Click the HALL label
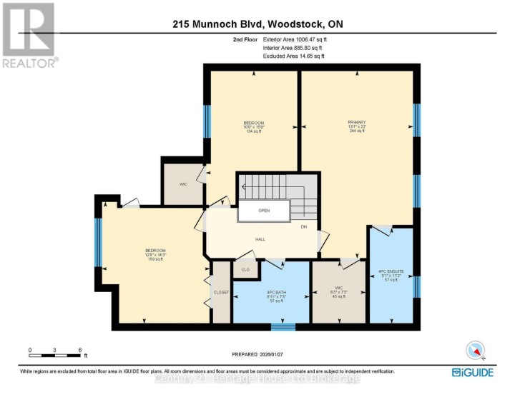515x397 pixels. (260, 238)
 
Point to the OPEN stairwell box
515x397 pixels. (264, 211)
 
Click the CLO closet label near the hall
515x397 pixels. (245, 269)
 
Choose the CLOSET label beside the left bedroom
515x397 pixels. (221, 293)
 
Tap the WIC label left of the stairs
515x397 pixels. (183, 184)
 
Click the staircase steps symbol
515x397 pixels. (275, 187)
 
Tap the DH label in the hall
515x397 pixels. (304, 227)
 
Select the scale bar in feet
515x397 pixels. (56, 352)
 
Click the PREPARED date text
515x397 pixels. (261, 355)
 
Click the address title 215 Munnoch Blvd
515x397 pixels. (257, 24)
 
